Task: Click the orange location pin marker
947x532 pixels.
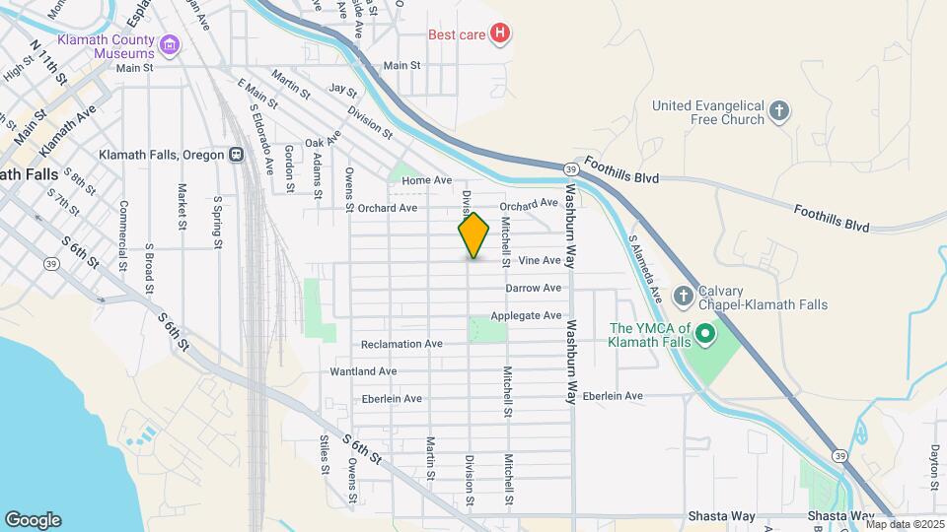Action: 473,235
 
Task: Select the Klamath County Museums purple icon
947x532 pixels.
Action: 170,44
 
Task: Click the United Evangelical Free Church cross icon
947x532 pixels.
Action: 779,110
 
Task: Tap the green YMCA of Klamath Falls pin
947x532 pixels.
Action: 704,335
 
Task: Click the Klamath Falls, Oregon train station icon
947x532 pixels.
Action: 236,155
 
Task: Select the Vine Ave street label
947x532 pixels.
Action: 540,261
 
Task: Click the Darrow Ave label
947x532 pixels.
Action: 533,288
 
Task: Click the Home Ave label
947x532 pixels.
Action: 426,180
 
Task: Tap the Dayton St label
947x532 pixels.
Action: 933,466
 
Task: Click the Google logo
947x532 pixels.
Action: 33,520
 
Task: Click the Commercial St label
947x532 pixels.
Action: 124,235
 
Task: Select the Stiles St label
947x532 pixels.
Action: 323,454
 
